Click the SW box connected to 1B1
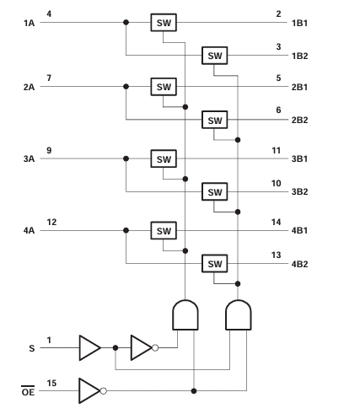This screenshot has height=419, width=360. pyautogui.click(x=164, y=23)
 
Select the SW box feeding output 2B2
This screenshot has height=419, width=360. pyautogui.click(x=215, y=120)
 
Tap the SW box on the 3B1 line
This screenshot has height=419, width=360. pyautogui.click(x=164, y=158)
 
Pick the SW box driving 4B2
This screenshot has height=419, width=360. pyautogui.click(x=215, y=264)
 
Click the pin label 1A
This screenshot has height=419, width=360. pyautogui.click(x=29, y=23)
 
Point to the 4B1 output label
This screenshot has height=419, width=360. pyautogui.click(x=299, y=231)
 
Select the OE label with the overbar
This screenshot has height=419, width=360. pyautogui.click(x=28, y=391)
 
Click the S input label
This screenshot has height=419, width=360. pyautogui.click(x=32, y=348)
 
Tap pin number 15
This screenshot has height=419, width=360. pyautogui.click(x=51, y=383)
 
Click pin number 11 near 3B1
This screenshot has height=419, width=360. pyautogui.click(x=277, y=151)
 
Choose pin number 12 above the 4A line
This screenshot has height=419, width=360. pyautogui.click(x=51, y=223)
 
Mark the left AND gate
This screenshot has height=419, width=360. pyautogui.click(x=185, y=314)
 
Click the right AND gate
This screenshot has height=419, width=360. pyautogui.click(x=239, y=314)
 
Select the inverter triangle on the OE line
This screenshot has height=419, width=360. pyautogui.click(x=89, y=391)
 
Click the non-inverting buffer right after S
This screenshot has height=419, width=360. pyautogui.click(x=90, y=348)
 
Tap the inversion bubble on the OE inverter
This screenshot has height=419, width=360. pyautogui.click(x=104, y=391)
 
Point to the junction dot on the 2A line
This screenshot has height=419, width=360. pyautogui.click(x=126, y=87)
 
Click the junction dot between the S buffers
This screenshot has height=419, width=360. pyautogui.click(x=116, y=348)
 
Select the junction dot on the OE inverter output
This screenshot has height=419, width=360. pyautogui.click(x=194, y=391)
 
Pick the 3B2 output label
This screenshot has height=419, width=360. pyautogui.click(x=299, y=192)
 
